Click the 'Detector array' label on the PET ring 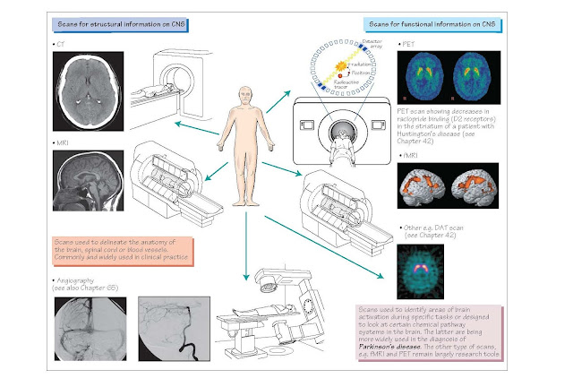370,46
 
